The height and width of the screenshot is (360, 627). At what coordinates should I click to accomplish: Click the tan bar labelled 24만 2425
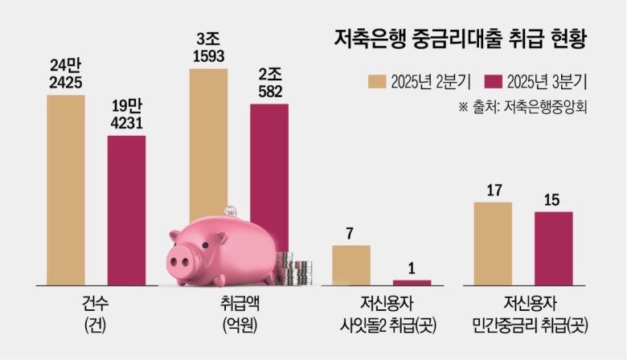pos(66,190)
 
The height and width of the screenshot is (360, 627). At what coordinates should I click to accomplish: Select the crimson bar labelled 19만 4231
pos(127,209)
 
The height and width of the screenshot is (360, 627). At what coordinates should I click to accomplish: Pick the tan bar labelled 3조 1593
pos(208,145)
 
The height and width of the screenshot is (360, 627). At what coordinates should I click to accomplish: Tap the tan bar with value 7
pos(351,264)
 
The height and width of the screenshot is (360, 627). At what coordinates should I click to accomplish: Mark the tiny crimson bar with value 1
pos(412,282)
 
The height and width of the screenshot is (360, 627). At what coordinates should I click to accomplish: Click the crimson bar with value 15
pos(554,247)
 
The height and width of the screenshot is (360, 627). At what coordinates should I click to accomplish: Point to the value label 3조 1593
pos(208,47)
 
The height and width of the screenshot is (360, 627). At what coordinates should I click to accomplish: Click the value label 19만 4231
pos(127,113)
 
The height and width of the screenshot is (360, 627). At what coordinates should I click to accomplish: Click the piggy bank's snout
pos(180,260)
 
